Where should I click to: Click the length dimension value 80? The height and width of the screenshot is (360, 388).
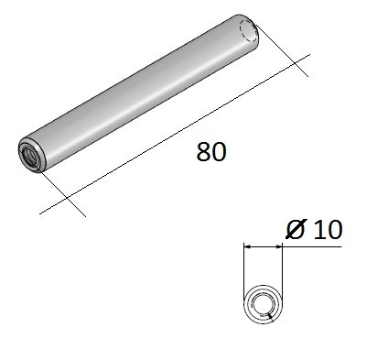coord(210,153)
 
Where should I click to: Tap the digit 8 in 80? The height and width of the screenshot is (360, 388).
coord(203,153)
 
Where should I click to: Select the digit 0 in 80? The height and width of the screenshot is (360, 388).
coord(218,153)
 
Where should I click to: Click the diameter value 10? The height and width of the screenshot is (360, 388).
coord(326,229)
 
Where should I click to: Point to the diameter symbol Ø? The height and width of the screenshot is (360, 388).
coord(296,229)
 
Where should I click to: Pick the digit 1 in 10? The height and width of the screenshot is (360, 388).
coord(317,229)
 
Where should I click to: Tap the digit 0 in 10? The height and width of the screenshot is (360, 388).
coord(333,229)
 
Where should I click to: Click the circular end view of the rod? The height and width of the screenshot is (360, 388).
coord(263,302)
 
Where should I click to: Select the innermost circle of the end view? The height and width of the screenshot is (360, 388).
coord(263,302)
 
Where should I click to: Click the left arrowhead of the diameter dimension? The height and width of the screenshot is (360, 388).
coord(249,245)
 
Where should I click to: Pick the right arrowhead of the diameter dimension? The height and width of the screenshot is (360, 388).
coord(277,245)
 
